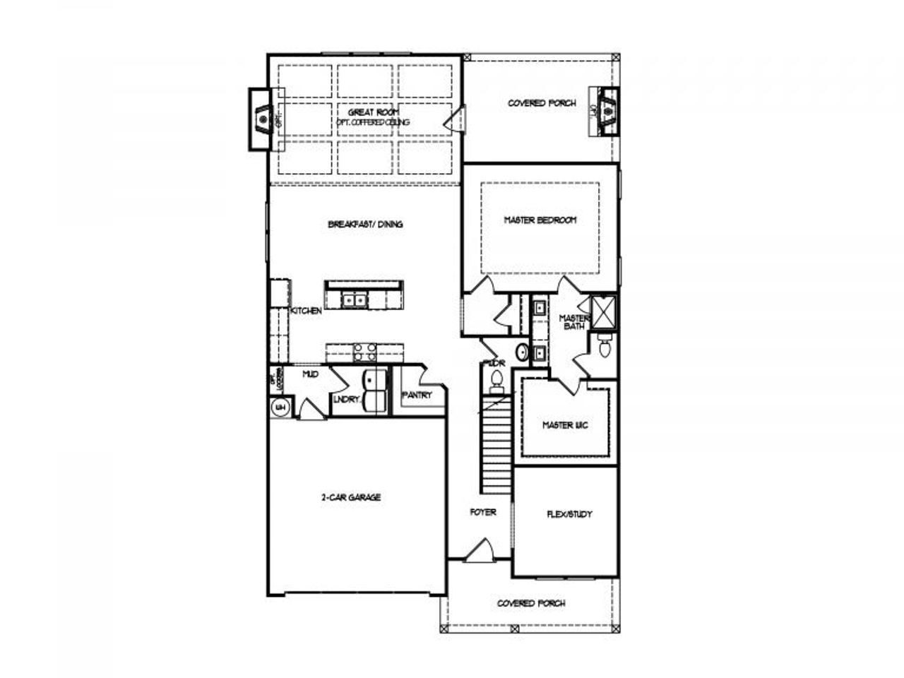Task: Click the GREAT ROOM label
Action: click(x=374, y=112)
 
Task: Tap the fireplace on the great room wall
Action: click(x=263, y=119)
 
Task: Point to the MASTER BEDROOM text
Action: click(x=540, y=220)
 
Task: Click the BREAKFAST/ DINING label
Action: click(x=365, y=225)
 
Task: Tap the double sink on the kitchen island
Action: click(x=355, y=300)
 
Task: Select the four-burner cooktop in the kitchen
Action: click(x=363, y=352)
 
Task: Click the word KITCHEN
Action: click(x=307, y=311)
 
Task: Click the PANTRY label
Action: click(x=417, y=395)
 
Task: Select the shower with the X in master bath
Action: click(x=604, y=311)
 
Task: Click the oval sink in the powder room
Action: click(x=522, y=351)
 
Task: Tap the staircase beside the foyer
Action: click(x=496, y=445)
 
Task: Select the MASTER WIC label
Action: click(x=565, y=425)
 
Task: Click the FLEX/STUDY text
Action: click(x=569, y=514)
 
